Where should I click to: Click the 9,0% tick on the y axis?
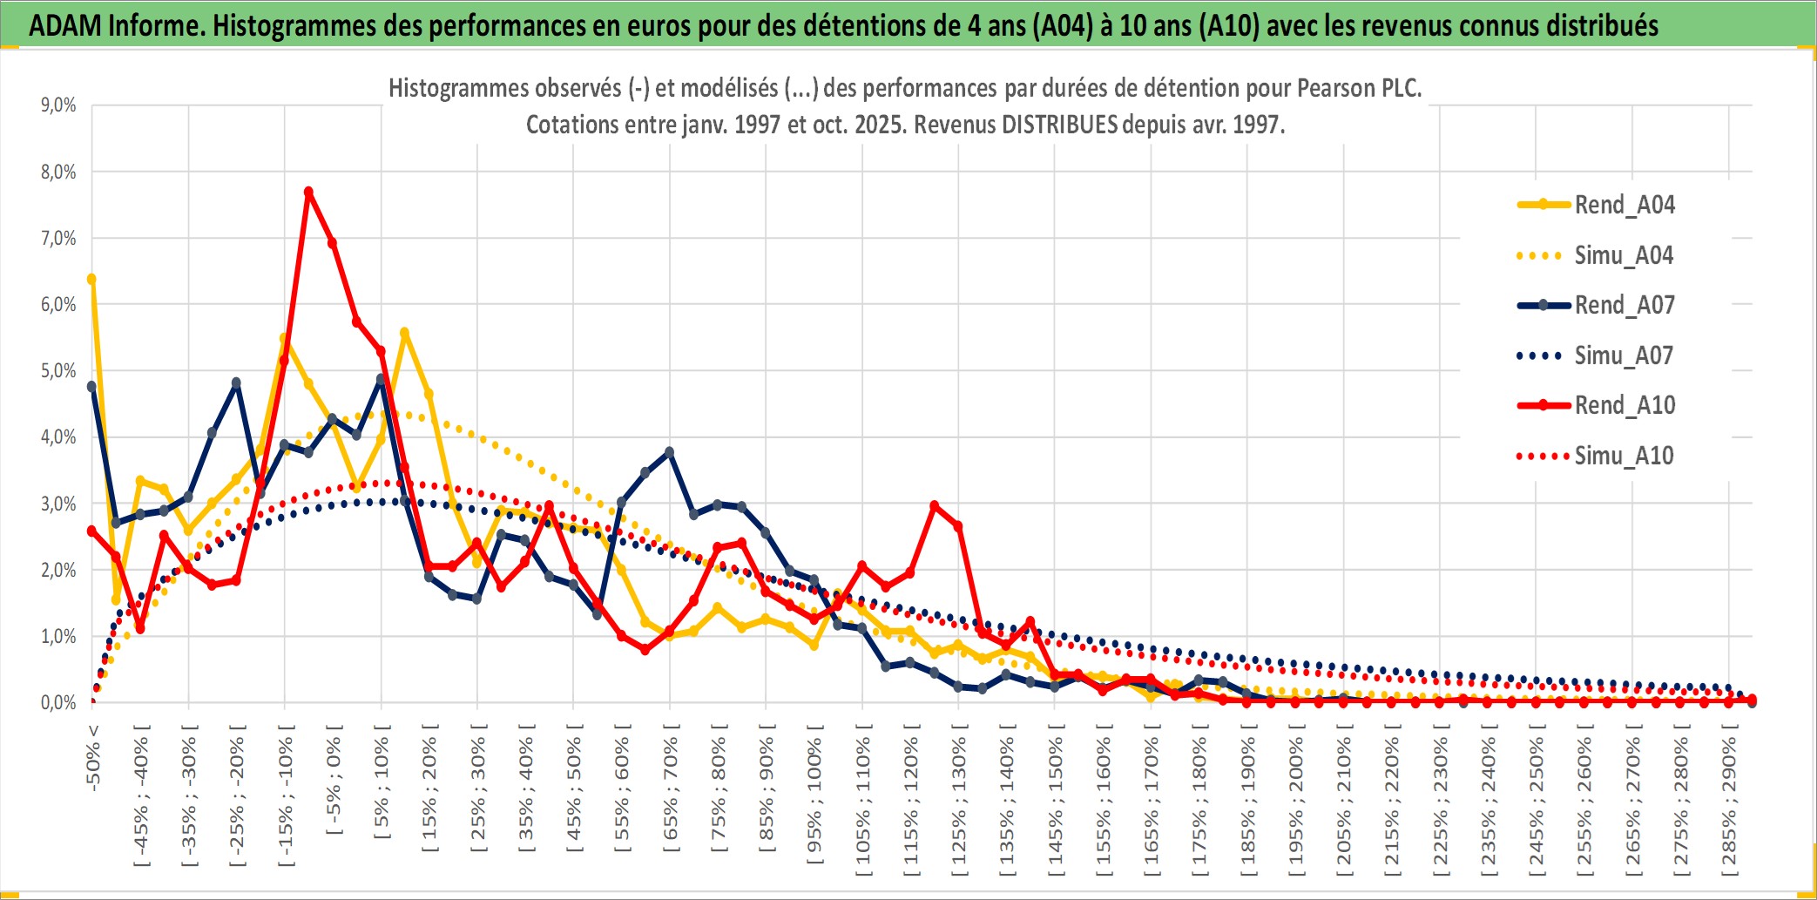click(58, 105)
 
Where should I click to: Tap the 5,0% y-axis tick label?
click(58, 371)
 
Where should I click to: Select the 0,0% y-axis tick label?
click(58, 703)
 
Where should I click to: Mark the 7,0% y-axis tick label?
click(58, 239)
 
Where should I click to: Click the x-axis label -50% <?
click(93, 758)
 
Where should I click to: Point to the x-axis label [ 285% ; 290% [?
click(1729, 806)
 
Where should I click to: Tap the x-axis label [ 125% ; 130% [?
click(959, 806)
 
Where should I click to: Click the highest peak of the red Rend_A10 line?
click(308, 192)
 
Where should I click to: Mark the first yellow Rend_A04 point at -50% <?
click(91, 279)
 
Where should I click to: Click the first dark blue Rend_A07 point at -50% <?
click(91, 386)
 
